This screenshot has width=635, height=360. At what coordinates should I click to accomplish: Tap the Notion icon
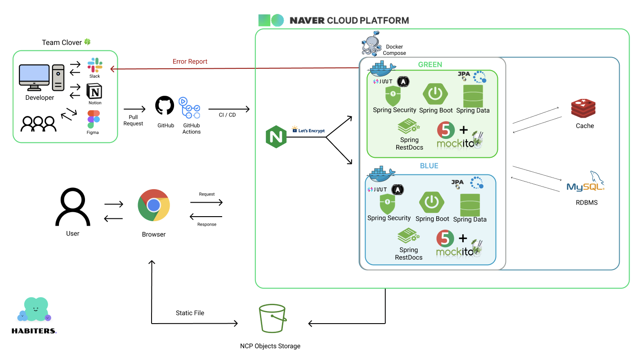tap(94, 91)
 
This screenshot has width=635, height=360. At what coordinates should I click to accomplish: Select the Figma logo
tap(94, 119)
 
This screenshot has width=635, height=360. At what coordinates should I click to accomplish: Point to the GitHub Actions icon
tap(189, 108)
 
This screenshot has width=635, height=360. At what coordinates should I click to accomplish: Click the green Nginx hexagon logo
tap(276, 137)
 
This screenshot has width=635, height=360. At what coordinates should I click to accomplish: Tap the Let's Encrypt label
tap(309, 130)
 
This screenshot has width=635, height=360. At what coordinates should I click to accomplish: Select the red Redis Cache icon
tap(583, 109)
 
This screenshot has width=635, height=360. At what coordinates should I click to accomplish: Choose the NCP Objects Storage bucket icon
tap(272, 319)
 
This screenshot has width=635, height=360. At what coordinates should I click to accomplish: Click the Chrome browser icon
tap(153, 205)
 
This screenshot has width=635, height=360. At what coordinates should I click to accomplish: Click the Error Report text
tap(190, 62)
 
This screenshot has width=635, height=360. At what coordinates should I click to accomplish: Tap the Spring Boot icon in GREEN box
tap(435, 94)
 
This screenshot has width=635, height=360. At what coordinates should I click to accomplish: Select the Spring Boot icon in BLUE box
tap(432, 202)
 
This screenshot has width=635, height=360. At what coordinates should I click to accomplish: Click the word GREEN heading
tap(430, 65)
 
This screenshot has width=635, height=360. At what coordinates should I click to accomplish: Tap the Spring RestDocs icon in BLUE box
tap(408, 236)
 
